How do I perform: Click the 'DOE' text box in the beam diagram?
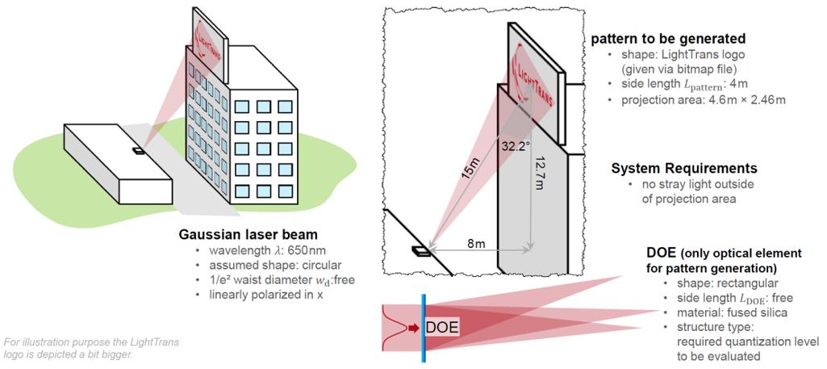click(x=441, y=326)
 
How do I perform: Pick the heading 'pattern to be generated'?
click(x=667, y=39)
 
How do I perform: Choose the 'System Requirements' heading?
click(x=684, y=169)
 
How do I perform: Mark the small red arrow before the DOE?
click(x=412, y=327)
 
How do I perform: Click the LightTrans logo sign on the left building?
click(x=209, y=41)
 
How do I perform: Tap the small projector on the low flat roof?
click(x=139, y=149)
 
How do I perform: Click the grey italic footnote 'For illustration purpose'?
click(x=91, y=342)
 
